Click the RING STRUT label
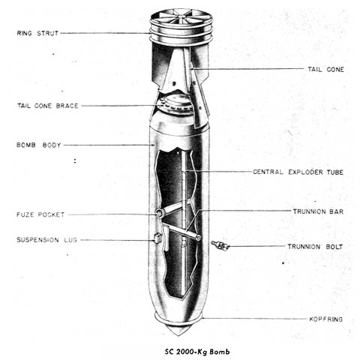tap(38, 33)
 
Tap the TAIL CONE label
tap(326, 70)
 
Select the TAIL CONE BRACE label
tap(47, 106)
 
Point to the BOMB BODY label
tap(38, 145)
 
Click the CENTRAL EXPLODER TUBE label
tap(298, 172)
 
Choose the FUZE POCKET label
tap(41, 214)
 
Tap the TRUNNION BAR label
tap(318, 211)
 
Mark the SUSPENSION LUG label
tap(47, 240)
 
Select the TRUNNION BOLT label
tap(315, 247)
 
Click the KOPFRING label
tap(326, 319)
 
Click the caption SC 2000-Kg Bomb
tap(197, 352)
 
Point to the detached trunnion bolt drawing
tap(220, 245)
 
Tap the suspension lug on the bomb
tap(157, 238)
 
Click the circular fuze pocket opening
tap(159, 213)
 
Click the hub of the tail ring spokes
tap(182, 17)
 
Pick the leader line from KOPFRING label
tap(254, 319)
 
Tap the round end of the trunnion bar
tap(198, 238)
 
